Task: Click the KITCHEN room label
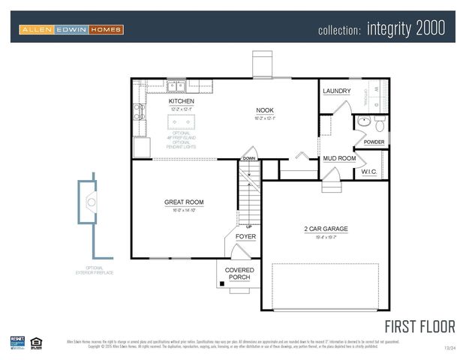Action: point(181,101)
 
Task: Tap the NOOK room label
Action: point(265,109)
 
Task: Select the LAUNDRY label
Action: point(336,91)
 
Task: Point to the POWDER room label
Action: point(374,142)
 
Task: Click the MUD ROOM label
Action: point(338,159)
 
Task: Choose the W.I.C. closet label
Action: point(369,172)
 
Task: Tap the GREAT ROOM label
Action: point(184,202)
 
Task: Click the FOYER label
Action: point(245,237)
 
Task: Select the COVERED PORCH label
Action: point(239,274)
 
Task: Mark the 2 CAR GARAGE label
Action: point(326,229)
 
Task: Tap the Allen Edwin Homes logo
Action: point(71,29)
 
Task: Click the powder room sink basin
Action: point(362,120)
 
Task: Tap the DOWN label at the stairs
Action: point(248,159)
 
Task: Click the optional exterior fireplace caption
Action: point(94,271)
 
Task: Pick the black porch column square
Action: point(222,283)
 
